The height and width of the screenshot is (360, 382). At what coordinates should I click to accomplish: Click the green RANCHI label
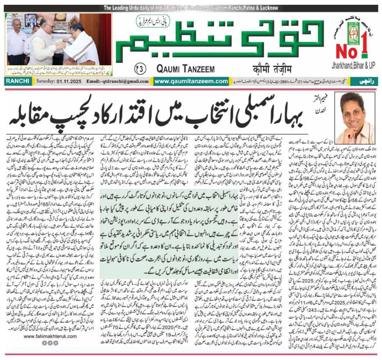[x=18, y=81]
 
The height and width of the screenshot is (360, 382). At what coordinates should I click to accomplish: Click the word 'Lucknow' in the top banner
[x=266, y=8]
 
